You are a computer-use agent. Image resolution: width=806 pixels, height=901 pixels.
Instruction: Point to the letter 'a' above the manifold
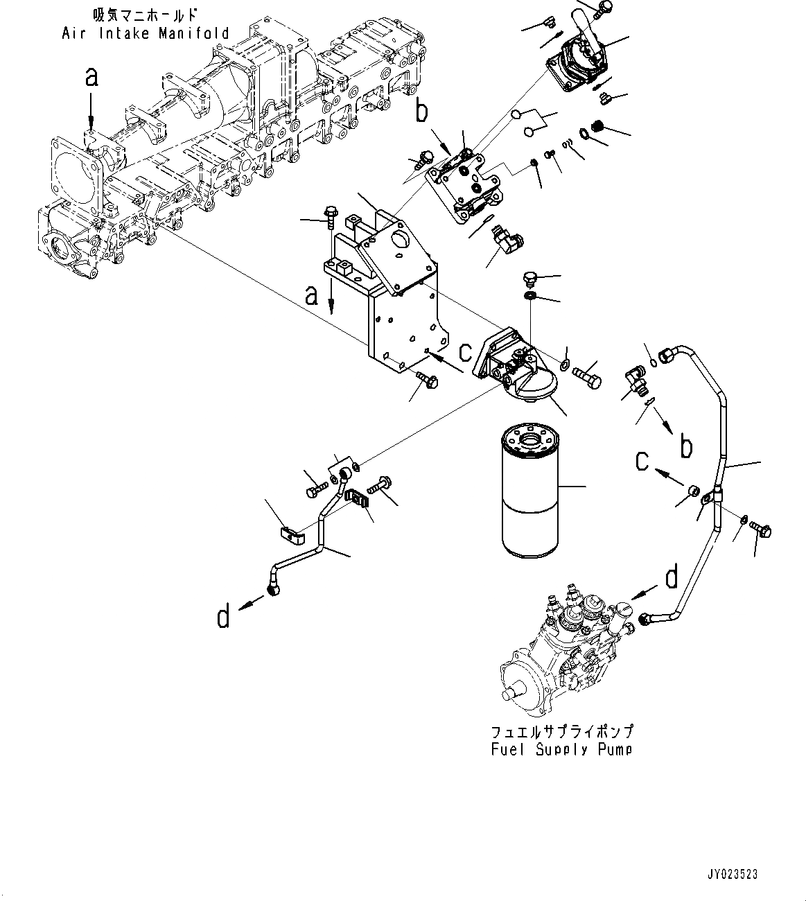(91, 77)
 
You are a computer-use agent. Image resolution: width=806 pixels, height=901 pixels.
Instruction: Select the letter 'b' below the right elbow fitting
(685, 447)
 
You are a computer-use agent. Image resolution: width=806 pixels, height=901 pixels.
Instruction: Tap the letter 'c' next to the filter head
(465, 351)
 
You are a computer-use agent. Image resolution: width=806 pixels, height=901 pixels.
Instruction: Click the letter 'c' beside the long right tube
(643, 460)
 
